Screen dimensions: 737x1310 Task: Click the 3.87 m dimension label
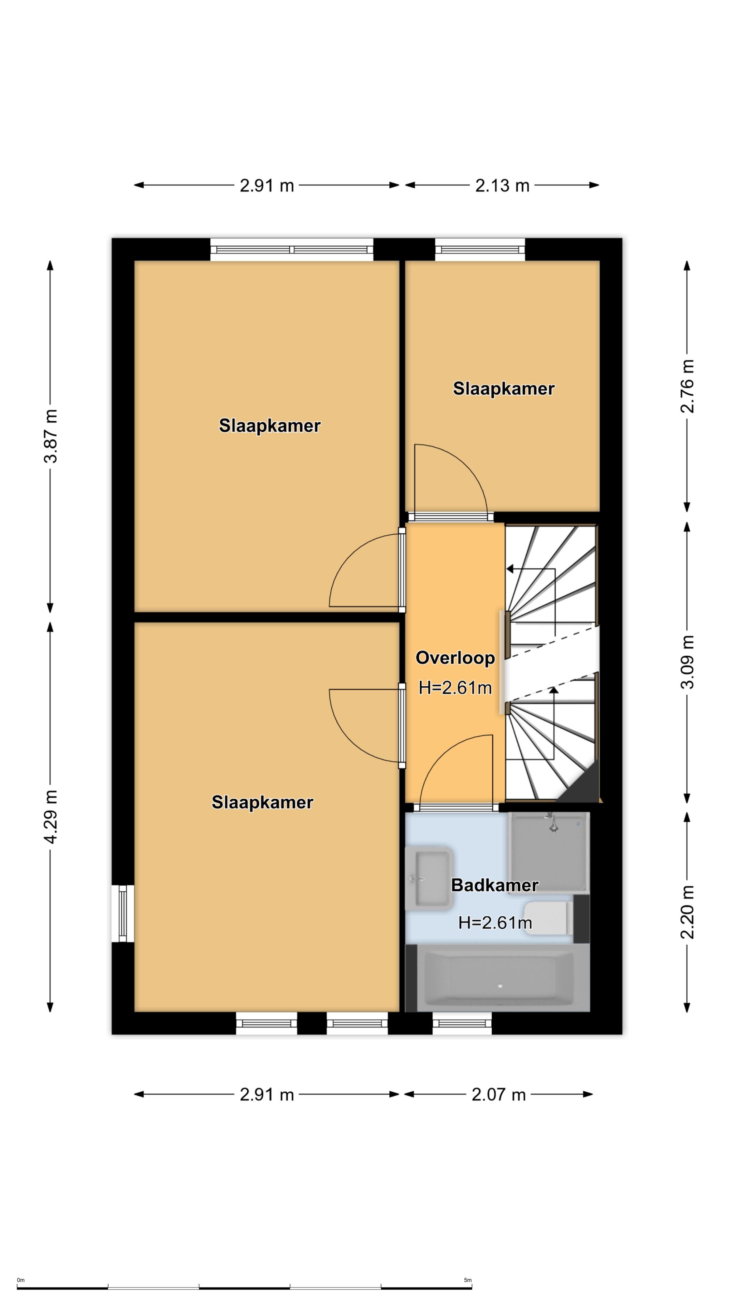pyautogui.click(x=51, y=436)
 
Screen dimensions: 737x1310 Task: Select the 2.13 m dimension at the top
pyautogui.click(x=502, y=186)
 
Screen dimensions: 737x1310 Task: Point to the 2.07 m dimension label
pyautogui.click(x=498, y=1094)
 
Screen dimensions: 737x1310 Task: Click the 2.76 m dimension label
pyautogui.click(x=687, y=387)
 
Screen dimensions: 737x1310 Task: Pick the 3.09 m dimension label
pyautogui.click(x=687, y=662)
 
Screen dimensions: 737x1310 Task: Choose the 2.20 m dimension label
pyautogui.click(x=687, y=912)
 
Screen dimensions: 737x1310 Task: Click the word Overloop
pyautogui.click(x=455, y=658)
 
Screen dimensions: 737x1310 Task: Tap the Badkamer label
pyautogui.click(x=494, y=885)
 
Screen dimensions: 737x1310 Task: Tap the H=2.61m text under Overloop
pyautogui.click(x=455, y=688)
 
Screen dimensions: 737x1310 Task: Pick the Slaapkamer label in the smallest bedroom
pyautogui.click(x=504, y=389)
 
